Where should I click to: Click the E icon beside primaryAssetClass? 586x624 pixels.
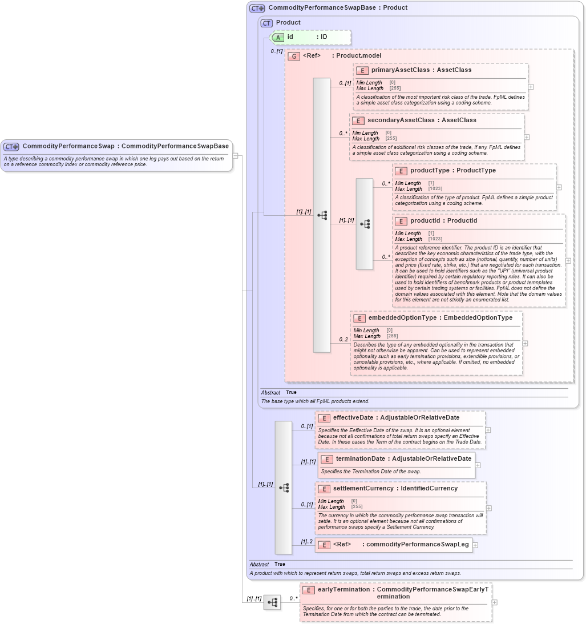(362, 70)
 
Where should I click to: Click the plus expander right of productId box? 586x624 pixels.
(568, 261)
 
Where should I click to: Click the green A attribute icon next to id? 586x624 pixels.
(278, 37)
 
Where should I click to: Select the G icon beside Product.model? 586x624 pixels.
(294, 56)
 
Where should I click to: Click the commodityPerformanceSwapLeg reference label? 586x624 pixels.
(417, 545)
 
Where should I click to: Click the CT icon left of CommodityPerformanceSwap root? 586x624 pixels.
(11, 147)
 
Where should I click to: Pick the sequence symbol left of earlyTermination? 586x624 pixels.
(272, 602)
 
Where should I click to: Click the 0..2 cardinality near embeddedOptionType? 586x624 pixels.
(343, 340)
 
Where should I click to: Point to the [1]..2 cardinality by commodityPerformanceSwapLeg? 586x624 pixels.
(306, 542)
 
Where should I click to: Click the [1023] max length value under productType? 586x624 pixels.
(435, 189)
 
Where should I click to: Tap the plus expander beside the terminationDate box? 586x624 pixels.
(478, 465)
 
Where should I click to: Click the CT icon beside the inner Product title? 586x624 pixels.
(266, 23)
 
